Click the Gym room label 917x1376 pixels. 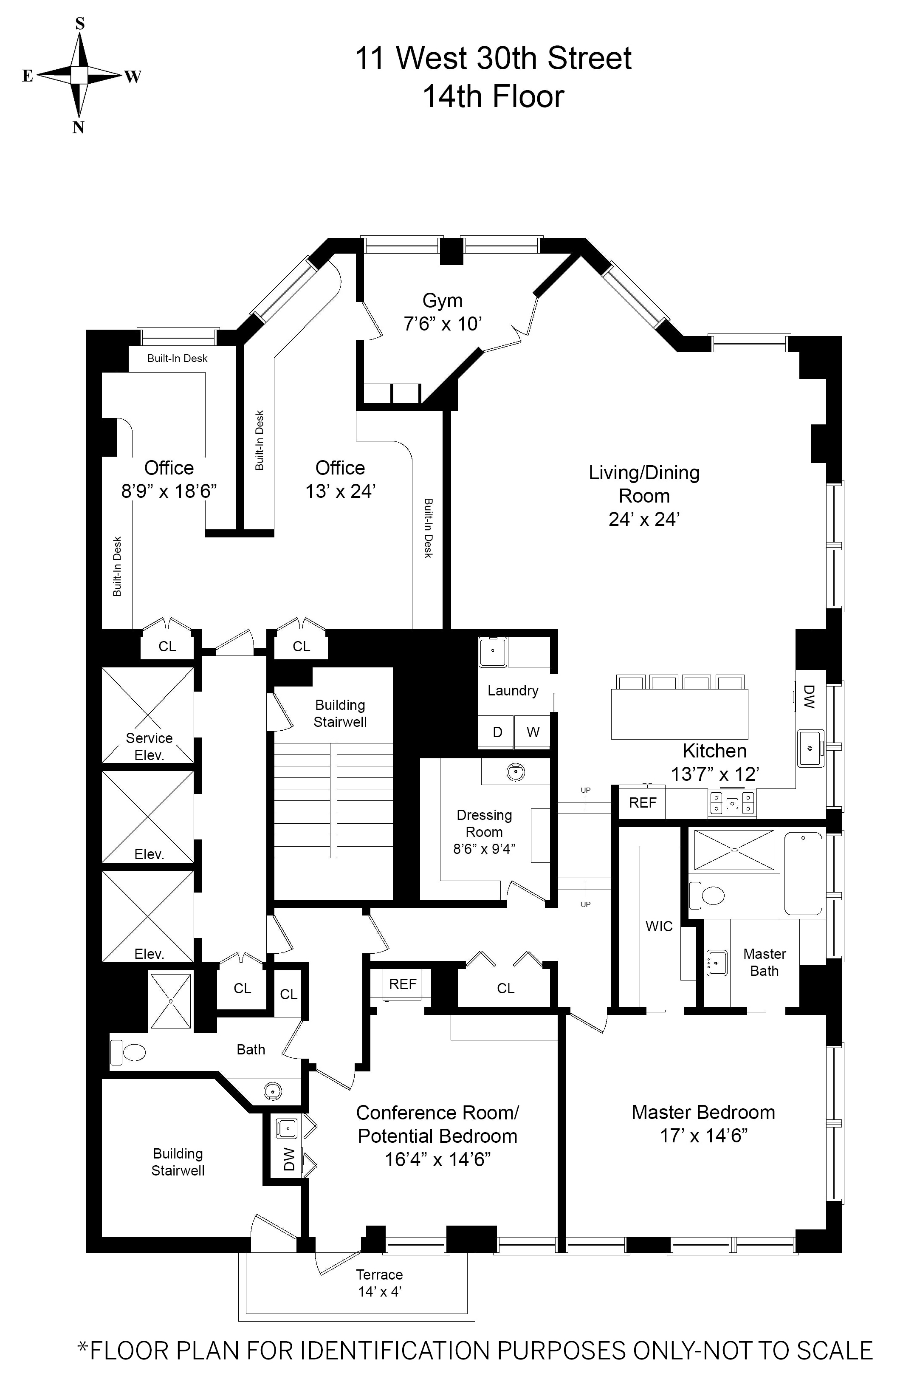click(x=442, y=301)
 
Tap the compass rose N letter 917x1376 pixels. click(x=79, y=128)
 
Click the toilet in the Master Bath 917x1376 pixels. click(x=707, y=895)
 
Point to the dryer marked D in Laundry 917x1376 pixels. click(x=497, y=732)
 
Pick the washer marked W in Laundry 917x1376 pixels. click(x=533, y=732)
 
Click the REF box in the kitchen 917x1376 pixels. click(x=643, y=803)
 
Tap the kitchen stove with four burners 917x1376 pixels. click(x=732, y=803)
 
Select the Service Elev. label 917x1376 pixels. click(x=149, y=746)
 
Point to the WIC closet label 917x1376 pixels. click(x=659, y=926)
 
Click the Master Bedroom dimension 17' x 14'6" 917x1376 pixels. click(x=703, y=1136)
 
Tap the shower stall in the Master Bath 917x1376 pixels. click(x=734, y=850)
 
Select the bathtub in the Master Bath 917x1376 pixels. click(x=803, y=873)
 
